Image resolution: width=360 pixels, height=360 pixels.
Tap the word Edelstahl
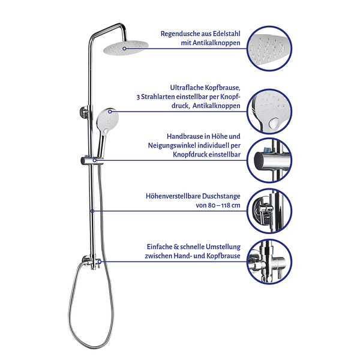[227, 34]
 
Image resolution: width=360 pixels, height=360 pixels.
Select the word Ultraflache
[187, 88]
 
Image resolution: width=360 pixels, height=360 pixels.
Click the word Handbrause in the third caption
[185, 136]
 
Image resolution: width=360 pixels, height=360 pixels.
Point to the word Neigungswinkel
[172, 146]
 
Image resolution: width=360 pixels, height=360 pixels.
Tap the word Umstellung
[223, 247]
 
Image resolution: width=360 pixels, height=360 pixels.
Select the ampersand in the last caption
[176, 247]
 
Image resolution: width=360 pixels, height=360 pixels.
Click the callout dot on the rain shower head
[124, 49]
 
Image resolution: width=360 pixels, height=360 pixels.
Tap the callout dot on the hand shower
[110, 112]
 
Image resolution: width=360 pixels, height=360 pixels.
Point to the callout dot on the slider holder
[95, 160]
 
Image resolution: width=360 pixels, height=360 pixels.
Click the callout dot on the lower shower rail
[92, 211]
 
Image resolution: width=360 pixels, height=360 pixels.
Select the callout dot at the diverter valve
[100, 262]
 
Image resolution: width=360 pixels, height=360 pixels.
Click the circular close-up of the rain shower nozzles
[269, 49]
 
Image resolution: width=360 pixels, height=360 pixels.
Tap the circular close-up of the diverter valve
[269, 262]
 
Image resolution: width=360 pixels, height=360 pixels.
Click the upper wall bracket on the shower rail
[84, 112]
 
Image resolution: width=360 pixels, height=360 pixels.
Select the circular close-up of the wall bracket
[269, 211]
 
